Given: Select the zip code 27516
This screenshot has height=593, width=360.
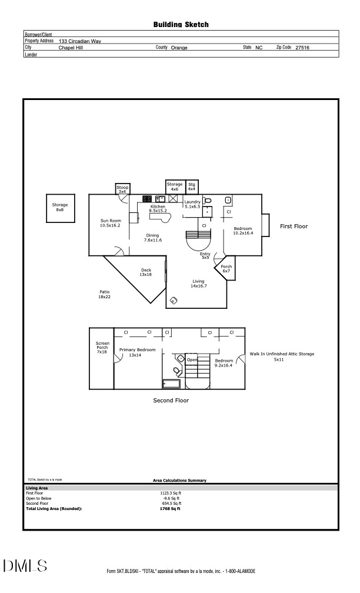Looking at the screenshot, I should point(302,48).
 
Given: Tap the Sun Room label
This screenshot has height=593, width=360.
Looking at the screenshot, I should point(110,223).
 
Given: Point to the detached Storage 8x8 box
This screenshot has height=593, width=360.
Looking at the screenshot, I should point(60,208).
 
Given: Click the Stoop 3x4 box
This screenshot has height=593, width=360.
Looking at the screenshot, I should point(122,189).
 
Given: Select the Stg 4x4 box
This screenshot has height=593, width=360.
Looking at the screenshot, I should point(192,186).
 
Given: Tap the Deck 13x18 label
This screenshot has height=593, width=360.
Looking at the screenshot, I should point(145,272).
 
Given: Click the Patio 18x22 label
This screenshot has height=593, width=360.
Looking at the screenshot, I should point(104,295).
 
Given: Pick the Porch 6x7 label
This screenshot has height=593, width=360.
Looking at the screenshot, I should point(226,268).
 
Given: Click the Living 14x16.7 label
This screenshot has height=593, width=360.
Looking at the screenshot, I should point(198,284).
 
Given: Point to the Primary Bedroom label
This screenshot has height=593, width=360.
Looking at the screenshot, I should point(137,352).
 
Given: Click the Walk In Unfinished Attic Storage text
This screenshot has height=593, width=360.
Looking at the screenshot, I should point(282,354).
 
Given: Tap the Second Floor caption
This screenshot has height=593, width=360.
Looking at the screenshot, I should point(171,401).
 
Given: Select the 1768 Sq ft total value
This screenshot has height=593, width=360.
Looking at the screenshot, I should point(171,508).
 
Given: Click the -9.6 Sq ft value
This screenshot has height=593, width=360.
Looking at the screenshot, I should point(171,498).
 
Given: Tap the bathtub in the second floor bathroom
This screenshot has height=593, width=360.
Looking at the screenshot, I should point(172,384).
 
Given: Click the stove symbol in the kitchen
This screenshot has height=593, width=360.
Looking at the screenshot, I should point(147,199).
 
